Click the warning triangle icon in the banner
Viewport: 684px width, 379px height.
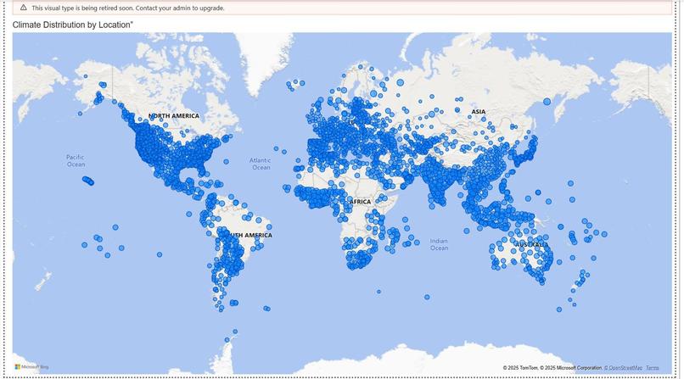pyautogui.click(x=23, y=8)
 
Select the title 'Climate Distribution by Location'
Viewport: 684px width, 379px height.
pyautogui.click(x=72, y=25)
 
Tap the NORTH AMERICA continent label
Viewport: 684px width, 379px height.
pyautogui.click(x=174, y=115)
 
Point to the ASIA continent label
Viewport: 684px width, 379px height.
pyautogui.click(x=479, y=112)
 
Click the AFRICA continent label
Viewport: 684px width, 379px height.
pyautogui.click(x=361, y=202)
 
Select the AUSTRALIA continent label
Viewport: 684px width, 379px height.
pyautogui.click(x=532, y=245)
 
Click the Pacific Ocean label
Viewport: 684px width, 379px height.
pyautogui.click(x=76, y=160)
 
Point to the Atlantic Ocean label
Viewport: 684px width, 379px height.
pyautogui.click(x=261, y=164)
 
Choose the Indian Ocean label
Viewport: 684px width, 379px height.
pyautogui.click(x=439, y=244)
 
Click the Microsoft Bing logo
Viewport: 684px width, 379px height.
pyautogui.click(x=31, y=367)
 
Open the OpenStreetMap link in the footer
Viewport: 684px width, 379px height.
pyautogui.click(x=623, y=368)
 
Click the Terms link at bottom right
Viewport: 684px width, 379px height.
pyautogui.click(x=652, y=368)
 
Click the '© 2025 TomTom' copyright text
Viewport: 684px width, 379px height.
pyautogui.click(x=522, y=368)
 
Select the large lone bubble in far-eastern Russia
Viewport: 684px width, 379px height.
pyautogui.click(x=547, y=102)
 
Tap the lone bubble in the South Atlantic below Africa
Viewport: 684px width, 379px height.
pyautogui.click(x=378, y=291)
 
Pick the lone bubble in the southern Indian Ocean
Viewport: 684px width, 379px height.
pyautogui.click(x=428, y=297)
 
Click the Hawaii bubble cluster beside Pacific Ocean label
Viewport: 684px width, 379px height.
pyautogui.click(x=87, y=181)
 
